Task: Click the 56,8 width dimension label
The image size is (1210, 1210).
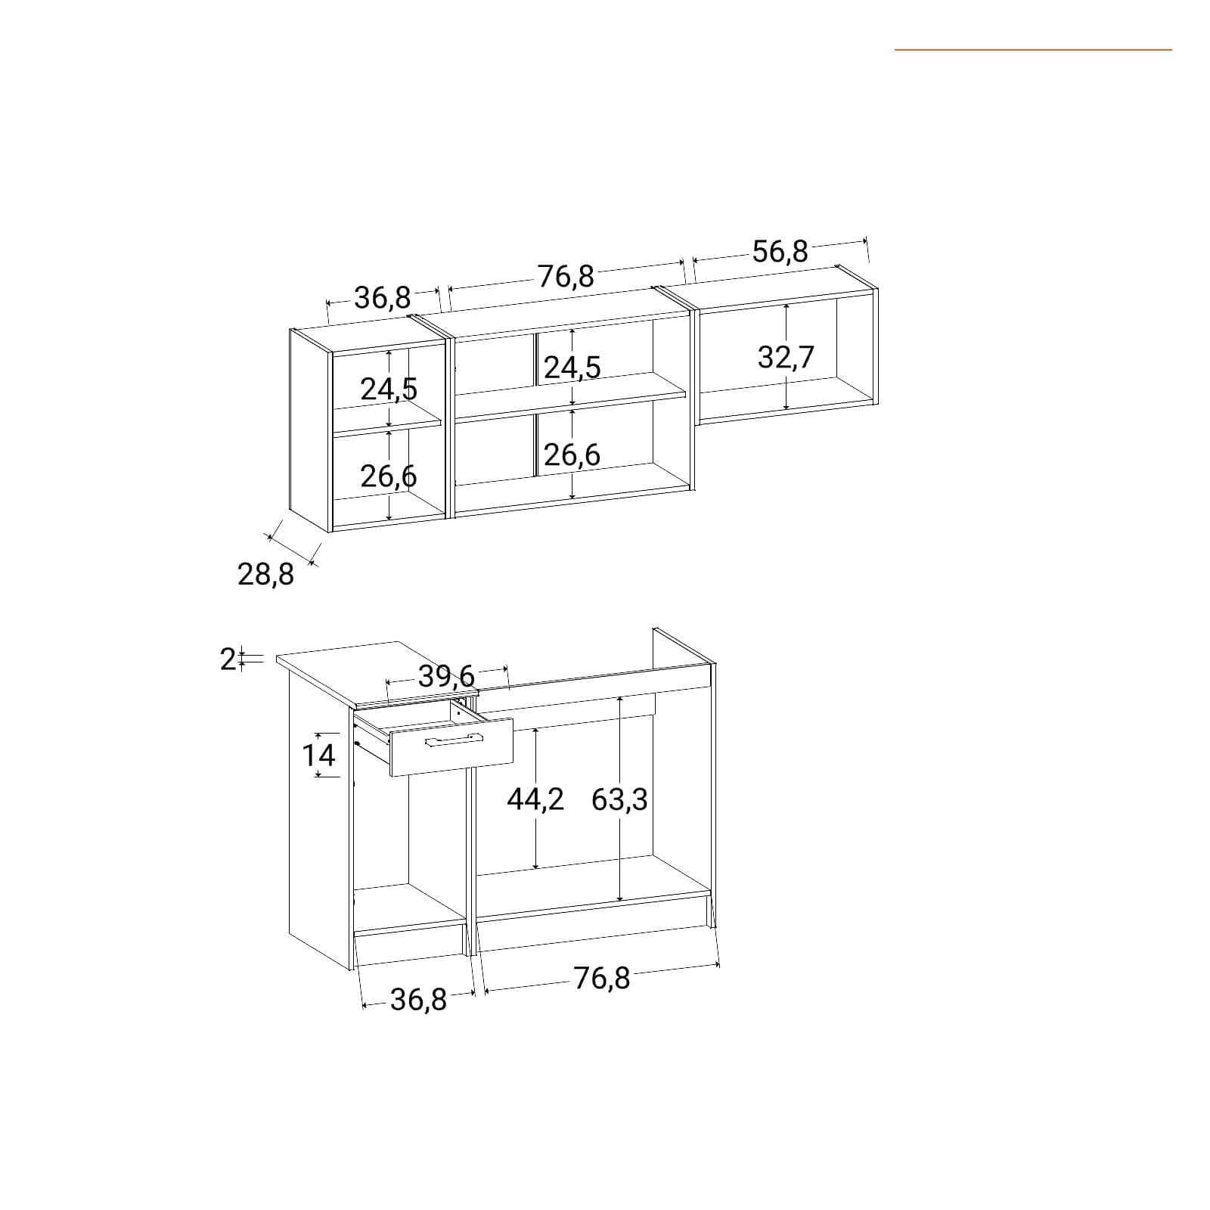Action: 780,251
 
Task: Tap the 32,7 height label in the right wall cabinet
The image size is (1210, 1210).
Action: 786,357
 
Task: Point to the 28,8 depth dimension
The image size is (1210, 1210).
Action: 265,576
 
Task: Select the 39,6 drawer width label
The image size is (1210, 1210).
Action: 446,675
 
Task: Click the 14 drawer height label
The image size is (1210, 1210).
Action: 318,755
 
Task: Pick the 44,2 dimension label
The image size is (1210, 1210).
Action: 535,799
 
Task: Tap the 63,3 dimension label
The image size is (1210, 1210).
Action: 619,799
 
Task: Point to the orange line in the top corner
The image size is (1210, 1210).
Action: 1033,50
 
